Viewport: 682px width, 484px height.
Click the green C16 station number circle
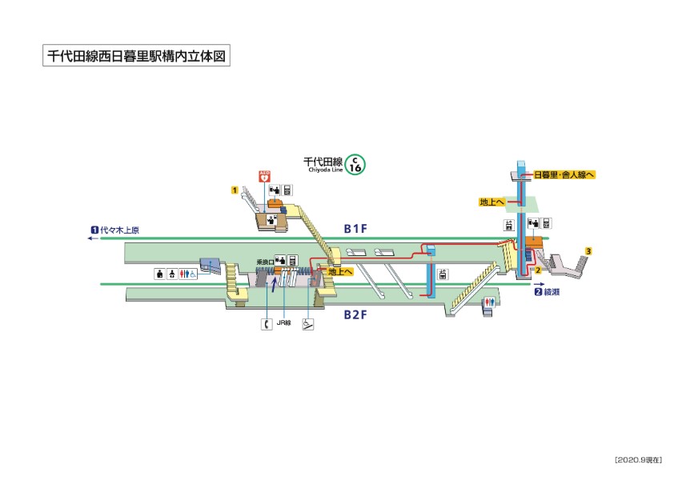pos(356,165)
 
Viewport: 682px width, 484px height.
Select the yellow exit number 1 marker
pos(235,190)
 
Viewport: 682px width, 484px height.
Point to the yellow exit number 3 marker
pos(588,252)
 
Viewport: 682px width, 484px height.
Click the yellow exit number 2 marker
pos(539,271)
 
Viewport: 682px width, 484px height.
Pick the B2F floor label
pos(355,314)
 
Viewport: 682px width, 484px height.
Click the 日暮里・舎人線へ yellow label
pos(564,174)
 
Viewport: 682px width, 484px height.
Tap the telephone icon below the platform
pos(266,324)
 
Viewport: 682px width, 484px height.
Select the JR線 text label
pos(284,325)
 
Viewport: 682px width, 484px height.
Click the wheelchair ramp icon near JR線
pos(307,324)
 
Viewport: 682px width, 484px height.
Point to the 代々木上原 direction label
pos(119,231)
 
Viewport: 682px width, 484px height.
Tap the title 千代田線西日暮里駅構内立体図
pos(136,57)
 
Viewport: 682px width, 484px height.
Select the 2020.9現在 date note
pos(638,459)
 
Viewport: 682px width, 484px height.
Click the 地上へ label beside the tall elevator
pos(491,202)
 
